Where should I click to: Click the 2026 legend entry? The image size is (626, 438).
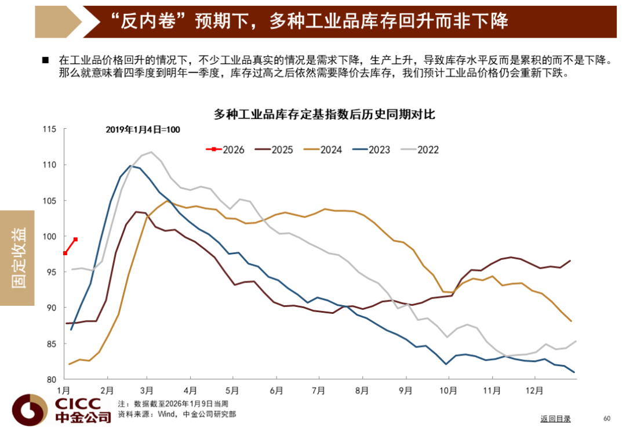[x=226, y=150]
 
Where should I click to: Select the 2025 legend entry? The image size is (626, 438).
[x=275, y=150]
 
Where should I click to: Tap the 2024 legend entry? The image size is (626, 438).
[x=324, y=150]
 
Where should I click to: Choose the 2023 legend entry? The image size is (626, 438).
[x=373, y=150]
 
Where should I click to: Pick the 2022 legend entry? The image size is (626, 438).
[x=421, y=150]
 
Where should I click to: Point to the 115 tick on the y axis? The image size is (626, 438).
[x=51, y=129]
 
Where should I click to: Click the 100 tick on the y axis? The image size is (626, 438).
[x=51, y=237]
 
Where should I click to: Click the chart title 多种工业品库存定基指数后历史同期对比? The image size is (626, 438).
[x=324, y=114]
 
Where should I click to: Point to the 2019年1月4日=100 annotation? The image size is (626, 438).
[x=143, y=130]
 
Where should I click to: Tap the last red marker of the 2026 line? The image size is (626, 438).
[x=75, y=240]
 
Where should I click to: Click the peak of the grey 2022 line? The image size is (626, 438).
[x=151, y=152]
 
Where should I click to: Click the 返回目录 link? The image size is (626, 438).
[x=555, y=419]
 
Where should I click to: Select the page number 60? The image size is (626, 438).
[x=607, y=418]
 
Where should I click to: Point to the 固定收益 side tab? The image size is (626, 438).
[x=18, y=258]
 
